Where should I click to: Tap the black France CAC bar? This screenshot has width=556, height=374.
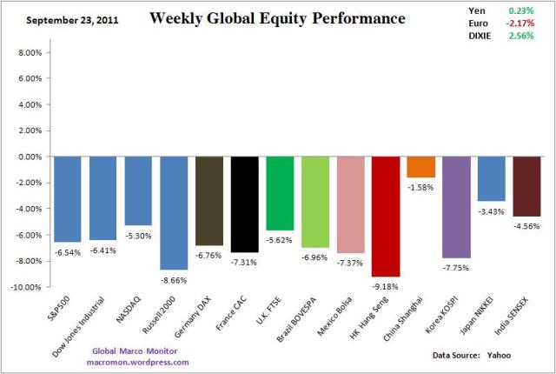244,204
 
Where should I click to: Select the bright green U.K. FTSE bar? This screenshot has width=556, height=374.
280,193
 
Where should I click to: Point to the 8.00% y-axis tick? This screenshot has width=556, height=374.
28,52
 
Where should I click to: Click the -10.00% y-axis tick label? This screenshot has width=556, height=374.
25,286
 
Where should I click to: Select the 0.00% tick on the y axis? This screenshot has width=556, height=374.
28,157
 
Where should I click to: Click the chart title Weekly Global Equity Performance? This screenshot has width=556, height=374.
265,18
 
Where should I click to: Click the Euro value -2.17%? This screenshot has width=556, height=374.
519,23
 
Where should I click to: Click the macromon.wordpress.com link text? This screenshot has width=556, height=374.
140,361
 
